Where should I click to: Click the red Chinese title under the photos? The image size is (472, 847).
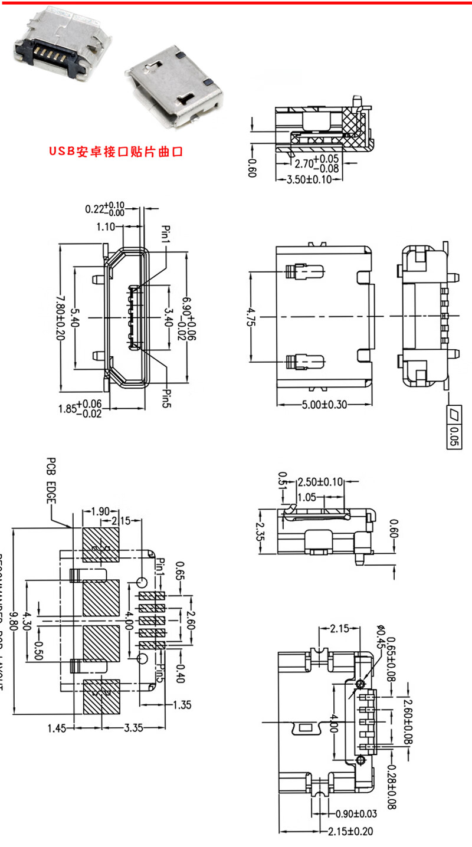pyautogui.click(x=116, y=152)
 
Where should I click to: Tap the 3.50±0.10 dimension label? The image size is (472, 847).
pyautogui.click(x=309, y=179)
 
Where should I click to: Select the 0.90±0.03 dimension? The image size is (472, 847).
pyautogui.click(x=356, y=814)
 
